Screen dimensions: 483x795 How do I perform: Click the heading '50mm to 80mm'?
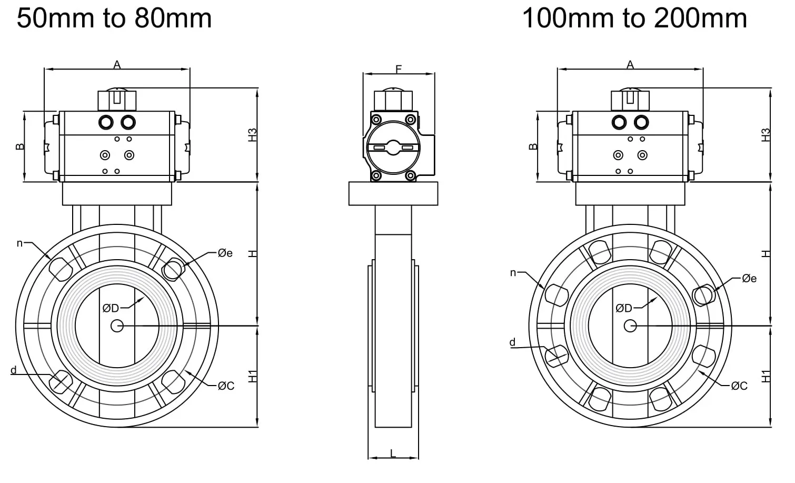(x=114, y=18)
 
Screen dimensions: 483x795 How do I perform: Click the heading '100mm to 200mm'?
(x=634, y=18)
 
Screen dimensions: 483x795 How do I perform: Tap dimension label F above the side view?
(x=399, y=69)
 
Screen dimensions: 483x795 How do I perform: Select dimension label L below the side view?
(x=393, y=453)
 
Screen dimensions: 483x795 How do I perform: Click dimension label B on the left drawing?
(x=20, y=146)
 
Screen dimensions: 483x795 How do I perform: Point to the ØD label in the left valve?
(x=111, y=308)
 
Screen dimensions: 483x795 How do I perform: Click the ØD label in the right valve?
(x=624, y=308)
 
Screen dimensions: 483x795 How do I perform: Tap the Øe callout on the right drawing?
(x=749, y=278)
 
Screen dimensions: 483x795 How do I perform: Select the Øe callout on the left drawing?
(x=225, y=253)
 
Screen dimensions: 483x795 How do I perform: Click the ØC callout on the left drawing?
(x=226, y=386)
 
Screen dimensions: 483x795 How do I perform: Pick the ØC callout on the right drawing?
(x=739, y=386)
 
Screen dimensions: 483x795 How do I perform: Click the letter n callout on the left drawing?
(x=20, y=243)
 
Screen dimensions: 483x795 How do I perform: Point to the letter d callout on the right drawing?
(x=512, y=342)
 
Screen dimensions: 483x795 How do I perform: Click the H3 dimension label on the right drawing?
(x=766, y=135)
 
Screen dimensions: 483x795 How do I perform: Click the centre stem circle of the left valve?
(x=117, y=326)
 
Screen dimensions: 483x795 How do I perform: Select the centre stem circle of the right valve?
(x=630, y=326)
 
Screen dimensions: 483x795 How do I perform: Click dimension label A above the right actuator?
(x=630, y=65)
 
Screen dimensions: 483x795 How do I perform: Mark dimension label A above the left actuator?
(x=117, y=65)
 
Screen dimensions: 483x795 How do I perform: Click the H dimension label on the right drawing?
(x=766, y=253)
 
